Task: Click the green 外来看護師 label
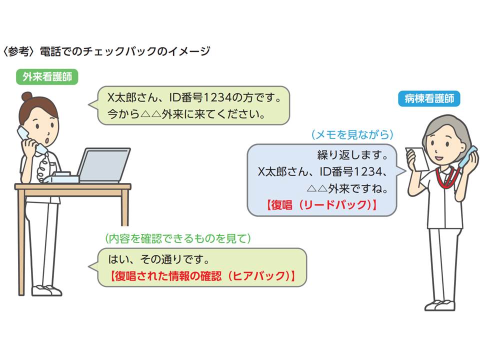point(47,77)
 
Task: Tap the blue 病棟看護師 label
point(429,98)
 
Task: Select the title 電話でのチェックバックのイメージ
point(125,51)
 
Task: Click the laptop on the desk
point(104,165)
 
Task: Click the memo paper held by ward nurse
point(418,159)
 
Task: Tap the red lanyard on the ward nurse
point(447,177)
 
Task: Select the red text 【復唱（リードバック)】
point(321,205)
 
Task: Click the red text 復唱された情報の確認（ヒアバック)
point(202,276)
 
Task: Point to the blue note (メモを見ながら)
point(352,134)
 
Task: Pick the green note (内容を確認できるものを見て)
point(178,238)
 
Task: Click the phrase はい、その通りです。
point(159,259)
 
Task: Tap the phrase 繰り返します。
point(352,155)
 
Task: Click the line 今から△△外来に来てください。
point(186,114)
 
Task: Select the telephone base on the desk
point(61,177)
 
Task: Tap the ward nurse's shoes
point(440,305)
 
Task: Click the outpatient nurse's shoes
point(46,290)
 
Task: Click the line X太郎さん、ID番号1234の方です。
point(194,98)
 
